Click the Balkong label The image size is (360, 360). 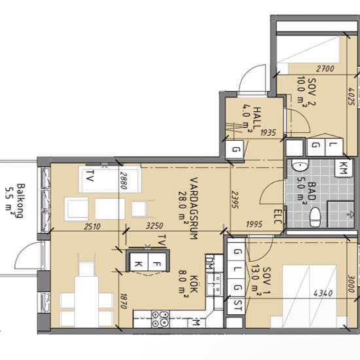click(x=21, y=200)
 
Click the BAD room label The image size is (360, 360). click(x=312, y=190)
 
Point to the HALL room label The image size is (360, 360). click(x=257, y=117)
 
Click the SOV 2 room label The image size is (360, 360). click(x=312, y=92)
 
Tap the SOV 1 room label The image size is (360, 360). click(x=266, y=281)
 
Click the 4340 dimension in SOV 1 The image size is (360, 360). click(x=323, y=293)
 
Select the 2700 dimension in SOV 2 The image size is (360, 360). click(x=325, y=69)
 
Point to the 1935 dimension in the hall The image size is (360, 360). click(x=268, y=132)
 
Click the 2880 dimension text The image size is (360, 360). click(x=124, y=181)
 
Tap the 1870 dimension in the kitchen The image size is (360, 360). click(x=124, y=301)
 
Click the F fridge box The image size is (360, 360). click(x=157, y=263)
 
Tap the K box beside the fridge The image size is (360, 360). click(x=139, y=263)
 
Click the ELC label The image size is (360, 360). click(x=278, y=216)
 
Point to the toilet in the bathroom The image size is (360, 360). click(x=315, y=217)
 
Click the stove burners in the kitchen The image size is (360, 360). click(x=160, y=319)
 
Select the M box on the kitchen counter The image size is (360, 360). click(x=195, y=323)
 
